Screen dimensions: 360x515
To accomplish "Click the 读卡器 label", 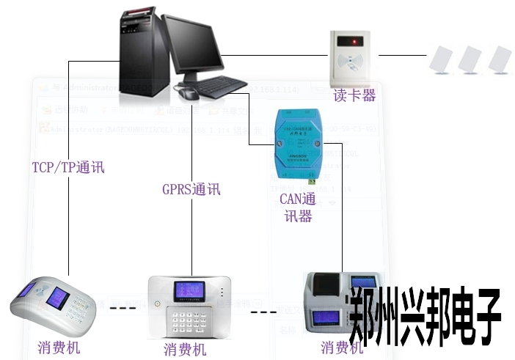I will (354, 95).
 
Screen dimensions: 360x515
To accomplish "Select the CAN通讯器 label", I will (297, 207).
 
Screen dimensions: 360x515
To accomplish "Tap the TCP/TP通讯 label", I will (68, 167).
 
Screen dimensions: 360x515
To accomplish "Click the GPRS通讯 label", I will (191, 189).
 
